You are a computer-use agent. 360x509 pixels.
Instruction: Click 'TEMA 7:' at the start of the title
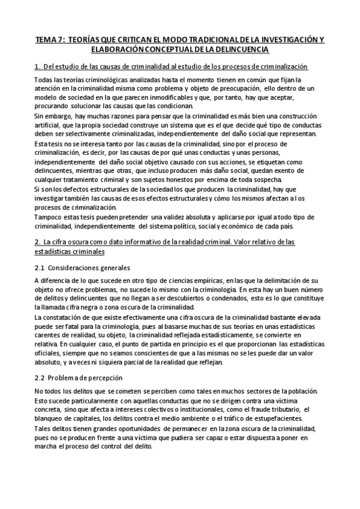click(49, 40)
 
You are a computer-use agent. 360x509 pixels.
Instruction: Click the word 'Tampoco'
click(49, 217)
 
